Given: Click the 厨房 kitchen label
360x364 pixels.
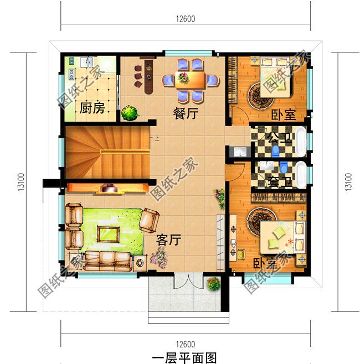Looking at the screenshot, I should (x=92, y=108).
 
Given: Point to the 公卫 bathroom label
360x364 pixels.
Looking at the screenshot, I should (x=280, y=137).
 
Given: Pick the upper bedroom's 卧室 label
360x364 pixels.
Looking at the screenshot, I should (x=283, y=115).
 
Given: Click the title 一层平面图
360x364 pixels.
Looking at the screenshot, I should (x=181, y=357).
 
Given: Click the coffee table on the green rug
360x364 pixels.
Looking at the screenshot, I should (x=108, y=233).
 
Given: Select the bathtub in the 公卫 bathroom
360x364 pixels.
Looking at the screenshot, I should (x=301, y=141).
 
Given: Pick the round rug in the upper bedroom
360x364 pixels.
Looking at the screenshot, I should (x=258, y=95).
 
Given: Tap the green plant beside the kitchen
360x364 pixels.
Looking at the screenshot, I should (x=130, y=113).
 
